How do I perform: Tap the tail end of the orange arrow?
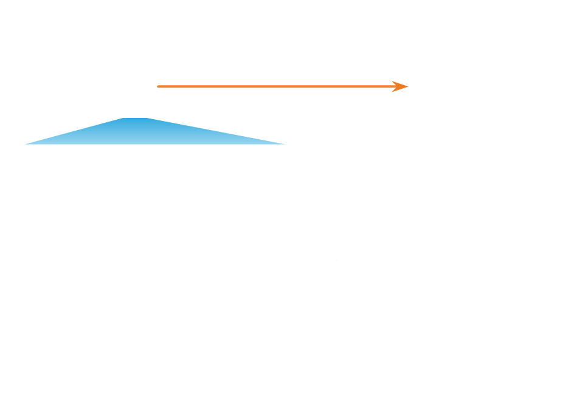(159, 86)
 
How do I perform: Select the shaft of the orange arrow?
(274, 86)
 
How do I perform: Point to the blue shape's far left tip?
(26, 144)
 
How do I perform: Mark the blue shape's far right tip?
(284, 144)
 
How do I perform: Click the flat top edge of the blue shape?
(136, 119)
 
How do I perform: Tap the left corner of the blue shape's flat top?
(122, 119)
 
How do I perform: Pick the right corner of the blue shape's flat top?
(149, 119)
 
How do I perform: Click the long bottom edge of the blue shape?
(152, 144)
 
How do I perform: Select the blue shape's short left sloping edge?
(73, 132)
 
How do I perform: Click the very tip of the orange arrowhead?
(408, 86)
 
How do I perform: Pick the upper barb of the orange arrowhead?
(393, 81)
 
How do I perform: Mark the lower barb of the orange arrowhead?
(393, 91)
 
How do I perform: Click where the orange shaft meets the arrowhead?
(394, 86)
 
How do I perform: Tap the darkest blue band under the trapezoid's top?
(136, 122)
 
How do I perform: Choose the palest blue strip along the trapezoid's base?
(152, 142)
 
